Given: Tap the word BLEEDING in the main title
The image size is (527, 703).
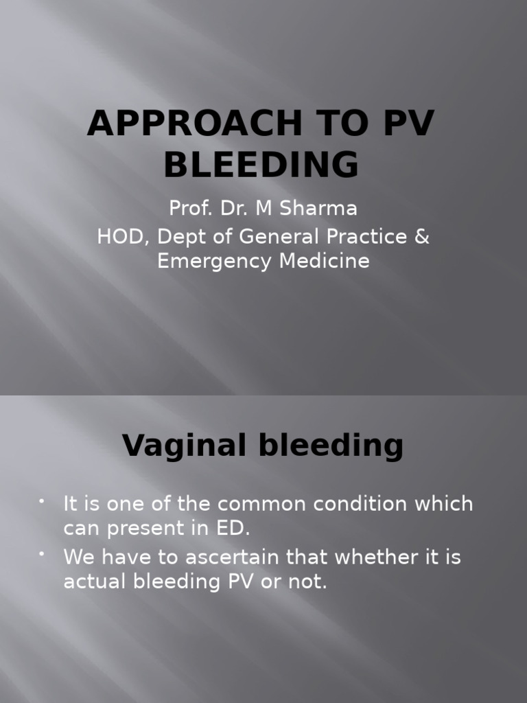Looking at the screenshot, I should pos(262,165).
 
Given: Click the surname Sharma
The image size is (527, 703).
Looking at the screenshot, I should pos(320,208).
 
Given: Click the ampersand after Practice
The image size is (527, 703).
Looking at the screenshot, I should pos(422,236).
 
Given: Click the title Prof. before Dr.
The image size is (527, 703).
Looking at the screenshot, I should pos(189,208).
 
